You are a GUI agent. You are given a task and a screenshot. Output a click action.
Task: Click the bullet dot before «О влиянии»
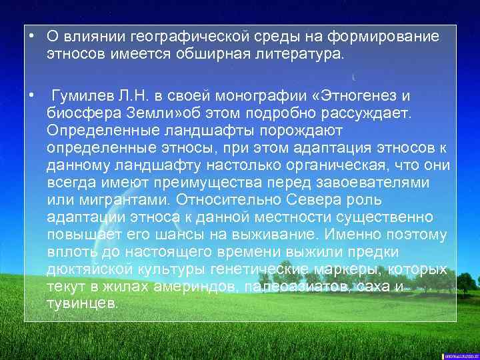(31, 36)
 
